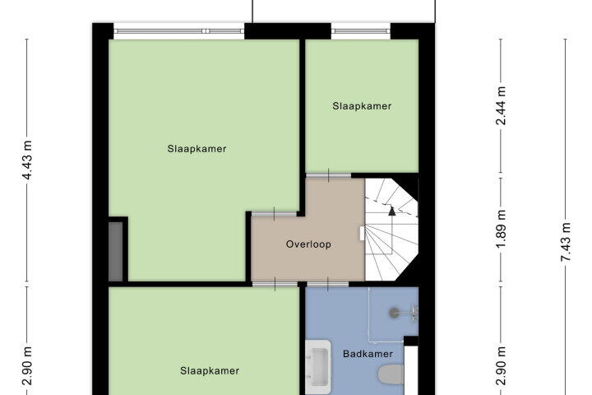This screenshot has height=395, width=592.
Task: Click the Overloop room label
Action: (308, 244)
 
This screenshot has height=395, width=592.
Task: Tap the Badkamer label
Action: (368, 354)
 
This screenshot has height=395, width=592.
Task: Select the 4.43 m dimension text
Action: (27, 160)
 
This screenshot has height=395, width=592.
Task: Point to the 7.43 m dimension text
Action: (565, 242)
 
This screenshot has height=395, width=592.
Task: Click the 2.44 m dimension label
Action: (501, 106)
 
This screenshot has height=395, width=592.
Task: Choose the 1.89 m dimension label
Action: (501, 230)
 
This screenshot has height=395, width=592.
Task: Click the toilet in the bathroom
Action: (391, 374)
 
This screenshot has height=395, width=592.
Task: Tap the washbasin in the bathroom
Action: (318, 367)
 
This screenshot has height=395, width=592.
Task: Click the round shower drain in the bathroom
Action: (394, 313)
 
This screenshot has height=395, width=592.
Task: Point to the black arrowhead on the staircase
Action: (392, 211)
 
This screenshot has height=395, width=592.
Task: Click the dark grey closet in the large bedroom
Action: (116, 251)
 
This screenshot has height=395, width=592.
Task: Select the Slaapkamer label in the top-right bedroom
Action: (362, 106)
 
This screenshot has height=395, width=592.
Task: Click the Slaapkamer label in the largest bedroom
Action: (197, 149)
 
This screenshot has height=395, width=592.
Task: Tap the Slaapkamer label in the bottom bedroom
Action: (210, 371)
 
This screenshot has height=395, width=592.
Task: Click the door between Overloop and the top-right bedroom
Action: (328, 175)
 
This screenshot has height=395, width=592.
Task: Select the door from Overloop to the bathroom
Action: (327, 284)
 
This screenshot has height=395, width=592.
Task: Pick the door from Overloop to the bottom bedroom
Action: (275, 284)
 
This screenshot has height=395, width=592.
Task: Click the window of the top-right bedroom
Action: (361, 31)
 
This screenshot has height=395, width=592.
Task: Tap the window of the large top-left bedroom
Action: (179, 31)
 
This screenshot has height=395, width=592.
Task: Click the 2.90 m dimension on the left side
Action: (27, 366)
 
